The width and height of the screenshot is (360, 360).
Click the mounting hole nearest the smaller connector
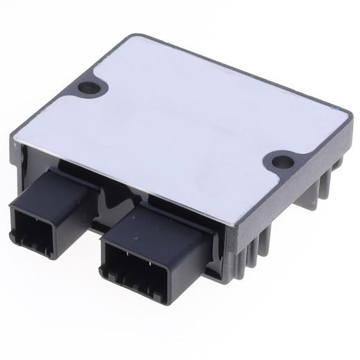88,88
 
